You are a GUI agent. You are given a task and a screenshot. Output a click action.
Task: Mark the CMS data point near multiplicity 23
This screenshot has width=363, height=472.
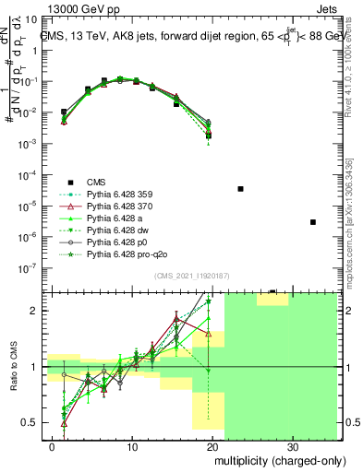pyautogui.click(x=240, y=188)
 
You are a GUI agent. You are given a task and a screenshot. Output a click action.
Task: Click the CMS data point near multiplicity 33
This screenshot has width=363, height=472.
pyautogui.click(x=313, y=222)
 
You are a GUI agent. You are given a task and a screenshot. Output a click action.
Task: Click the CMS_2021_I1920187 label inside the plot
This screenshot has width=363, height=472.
pyautogui.click(x=193, y=277)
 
